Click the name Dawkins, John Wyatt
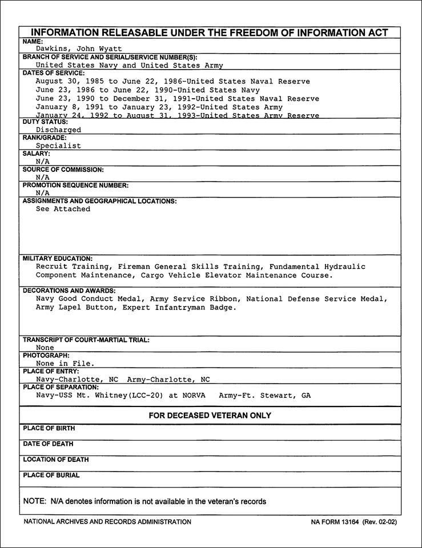coord(79,49)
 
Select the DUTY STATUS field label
coord(45,122)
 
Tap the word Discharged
coord(58,130)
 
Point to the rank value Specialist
coord(58,146)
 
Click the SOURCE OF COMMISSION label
coord(63,170)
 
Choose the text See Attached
coord(63,209)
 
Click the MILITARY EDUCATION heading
coord(58,259)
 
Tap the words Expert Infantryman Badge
coord(196,308)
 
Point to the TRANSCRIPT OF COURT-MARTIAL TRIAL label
coord(86,340)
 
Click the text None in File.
coord(65,363)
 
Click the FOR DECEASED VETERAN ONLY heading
coord(210,416)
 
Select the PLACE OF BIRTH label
coord(49,428)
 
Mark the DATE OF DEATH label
coord(48,444)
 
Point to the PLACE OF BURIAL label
coord(51,476)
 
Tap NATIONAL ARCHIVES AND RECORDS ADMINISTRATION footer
coord(107,522)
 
